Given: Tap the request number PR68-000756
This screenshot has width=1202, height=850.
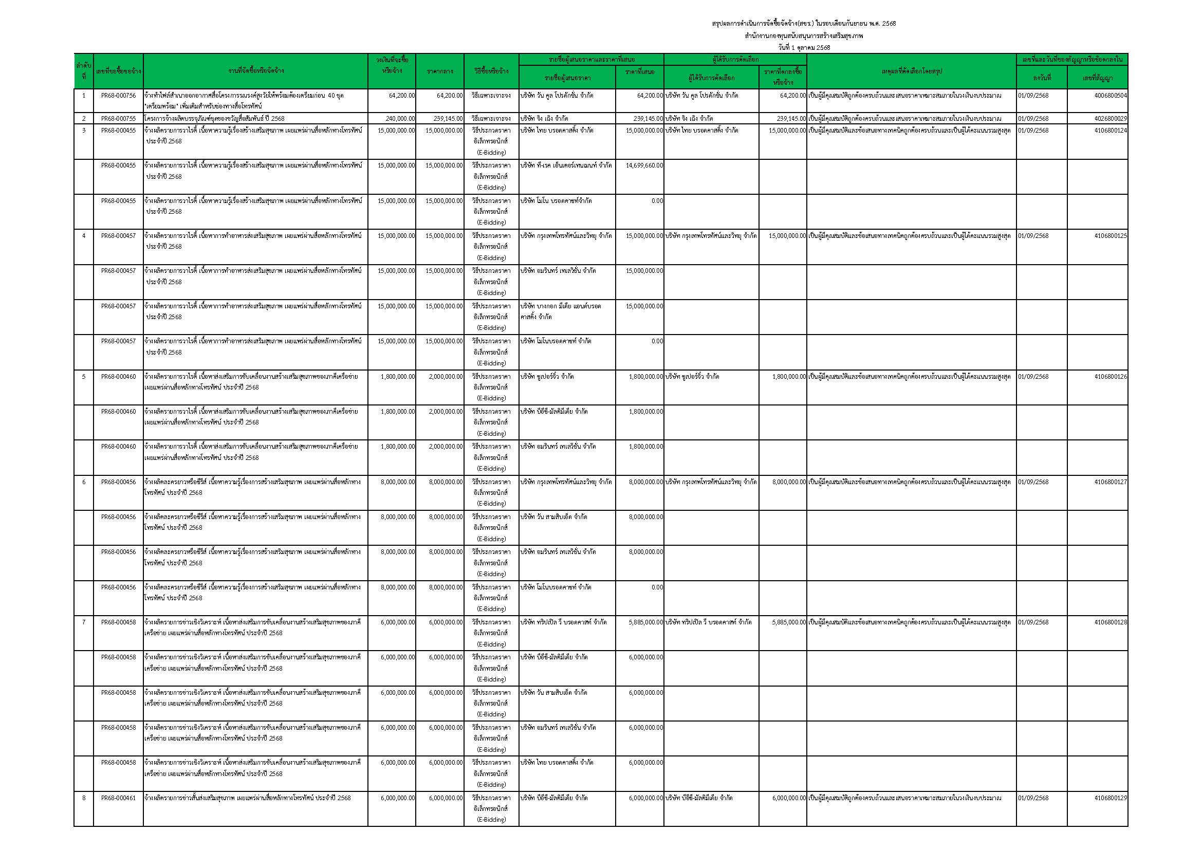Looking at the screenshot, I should click(118, 96).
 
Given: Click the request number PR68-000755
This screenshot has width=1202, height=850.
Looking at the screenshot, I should click(118, 119).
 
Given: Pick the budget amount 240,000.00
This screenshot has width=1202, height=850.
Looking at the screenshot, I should click(400, 119).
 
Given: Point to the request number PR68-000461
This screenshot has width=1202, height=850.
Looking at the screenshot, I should click(118, 798).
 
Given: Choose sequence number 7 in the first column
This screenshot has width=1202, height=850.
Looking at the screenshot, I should click(84, 622).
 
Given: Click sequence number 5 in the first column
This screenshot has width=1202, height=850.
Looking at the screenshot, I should click(84, 377).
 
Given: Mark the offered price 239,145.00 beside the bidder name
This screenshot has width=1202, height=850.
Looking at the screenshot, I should click(648, 119).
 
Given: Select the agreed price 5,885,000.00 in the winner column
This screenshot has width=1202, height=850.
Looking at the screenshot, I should click(788, 622).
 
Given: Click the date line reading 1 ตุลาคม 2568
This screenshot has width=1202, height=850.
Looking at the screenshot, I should click(804, 48).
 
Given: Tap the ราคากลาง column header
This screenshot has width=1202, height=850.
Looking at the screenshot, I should click(440, 71).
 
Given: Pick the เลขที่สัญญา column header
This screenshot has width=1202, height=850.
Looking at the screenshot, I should click(1097, 79).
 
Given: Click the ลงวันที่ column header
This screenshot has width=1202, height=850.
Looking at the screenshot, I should click(1041, 79).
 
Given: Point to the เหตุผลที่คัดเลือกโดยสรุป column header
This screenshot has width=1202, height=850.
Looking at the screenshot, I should click(912, 71).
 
